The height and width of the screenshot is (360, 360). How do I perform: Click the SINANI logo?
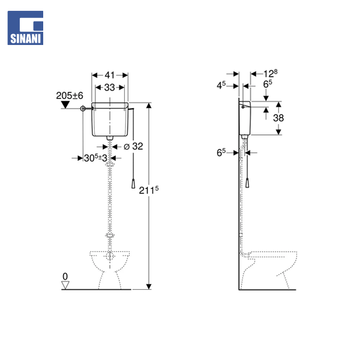pyautogui.click(x=25, y=28)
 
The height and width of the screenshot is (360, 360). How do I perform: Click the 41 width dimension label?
pyautogui.click(x=110, y=75)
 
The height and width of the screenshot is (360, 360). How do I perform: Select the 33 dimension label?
pyautogui.click(x=110, y=87)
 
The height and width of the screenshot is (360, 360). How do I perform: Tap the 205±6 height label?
pyautogui.click(x=70, y=95)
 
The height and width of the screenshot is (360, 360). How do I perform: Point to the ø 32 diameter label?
pyautogui.click(x=133, y=146)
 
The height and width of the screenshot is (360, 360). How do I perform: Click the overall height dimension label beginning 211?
pyautogui.click(x=149, y=190)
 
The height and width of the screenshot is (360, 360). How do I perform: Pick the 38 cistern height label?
pyautogui.click(x=278, y=118)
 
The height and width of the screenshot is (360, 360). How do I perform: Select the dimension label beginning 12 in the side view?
pyautogui.click(x=270, y=73)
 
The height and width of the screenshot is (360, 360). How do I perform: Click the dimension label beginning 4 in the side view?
pyautogui.click(x=221, y=85)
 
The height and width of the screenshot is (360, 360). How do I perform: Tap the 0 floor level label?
pyautogui.click(x=65, y=277)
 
